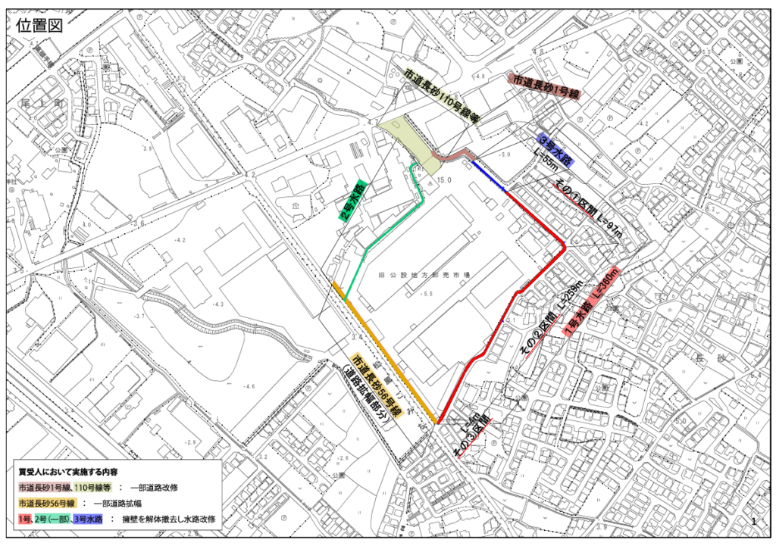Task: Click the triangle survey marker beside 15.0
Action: (430, 183)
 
